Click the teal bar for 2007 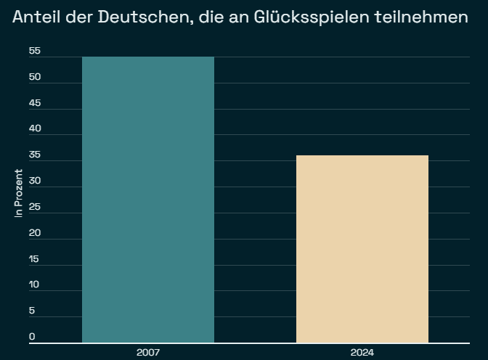tap(148, 200)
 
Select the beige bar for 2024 tap(362, 249)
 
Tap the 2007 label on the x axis tap(148, 353)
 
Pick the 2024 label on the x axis tap(362, 353)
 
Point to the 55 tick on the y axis tap(34, 52)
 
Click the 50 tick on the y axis tap(34, 77)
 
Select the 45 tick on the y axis tap(34, 103)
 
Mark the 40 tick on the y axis tap(34, 129)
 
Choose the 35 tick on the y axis tap(34, 155)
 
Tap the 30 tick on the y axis tap(34, 181)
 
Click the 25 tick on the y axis tap(34, 208)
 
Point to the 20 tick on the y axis tap(34, 233)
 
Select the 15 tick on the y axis tap(34, 259)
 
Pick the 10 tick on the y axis tap(34, 285)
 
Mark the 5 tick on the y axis tap(32, 311)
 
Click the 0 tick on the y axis tap(32, 337)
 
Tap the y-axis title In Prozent tap(19, 193)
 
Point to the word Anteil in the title tap(36, 17)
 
